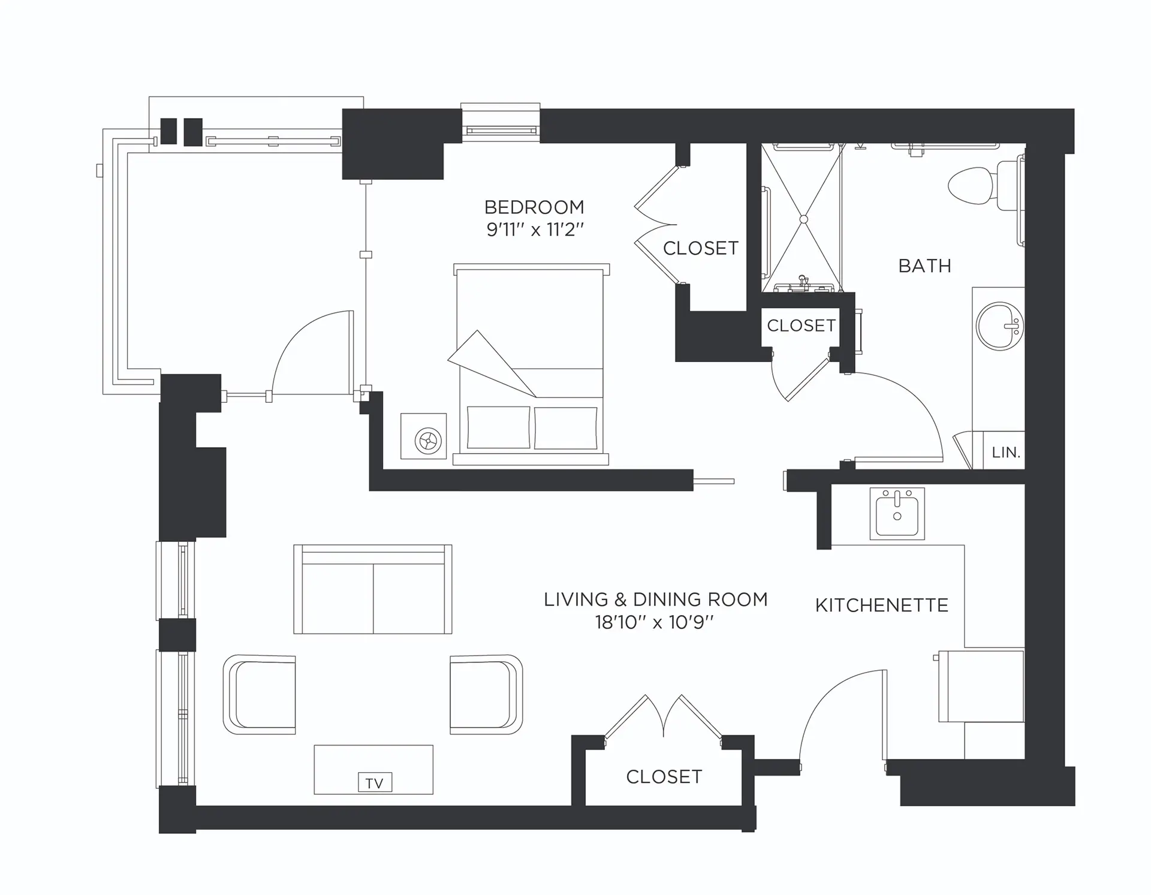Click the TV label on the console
tap(375, 783)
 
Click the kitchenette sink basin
tap(897, 513)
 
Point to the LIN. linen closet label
tap(1005, 453)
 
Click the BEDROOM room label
tap(534, 207)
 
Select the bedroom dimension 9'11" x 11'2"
tap(535, 230)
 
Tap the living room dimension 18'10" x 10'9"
tap(655, 622)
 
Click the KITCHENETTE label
tap(881, 605)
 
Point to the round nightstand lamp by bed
tap(428, 441)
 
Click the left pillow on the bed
tap(498, 427)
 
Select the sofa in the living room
tap(373, 590)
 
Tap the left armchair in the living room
tap(260, 694)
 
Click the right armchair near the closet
tap(486, 694)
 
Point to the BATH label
tap(924, 266)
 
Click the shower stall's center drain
tap(803, 219)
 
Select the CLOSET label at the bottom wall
tap(664, 777)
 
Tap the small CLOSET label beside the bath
tap(801, 326)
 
